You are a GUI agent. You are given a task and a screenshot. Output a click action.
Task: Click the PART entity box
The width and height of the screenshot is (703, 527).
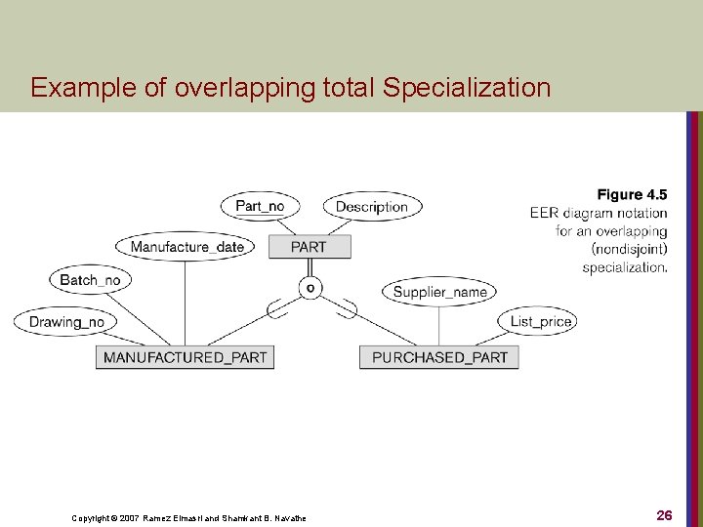[x=309, y=247]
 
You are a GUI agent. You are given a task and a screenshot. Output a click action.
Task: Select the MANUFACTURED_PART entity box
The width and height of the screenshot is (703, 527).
[x=185, y=357]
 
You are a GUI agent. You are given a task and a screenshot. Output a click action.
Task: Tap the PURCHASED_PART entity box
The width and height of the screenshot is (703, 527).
[x=439, y=357]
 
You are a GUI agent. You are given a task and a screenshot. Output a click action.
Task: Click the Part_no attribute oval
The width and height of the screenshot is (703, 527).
[x=260, y=206]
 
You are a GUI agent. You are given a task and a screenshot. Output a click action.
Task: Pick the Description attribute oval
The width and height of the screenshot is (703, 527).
[x=371, y=206]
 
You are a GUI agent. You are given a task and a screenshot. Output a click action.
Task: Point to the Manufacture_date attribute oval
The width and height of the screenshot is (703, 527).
[x=186, y=247]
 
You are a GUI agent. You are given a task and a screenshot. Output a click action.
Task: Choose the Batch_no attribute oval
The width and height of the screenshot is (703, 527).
[x=90, y=280]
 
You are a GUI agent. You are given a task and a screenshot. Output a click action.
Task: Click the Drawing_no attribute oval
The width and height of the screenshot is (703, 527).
[x=65, y=321]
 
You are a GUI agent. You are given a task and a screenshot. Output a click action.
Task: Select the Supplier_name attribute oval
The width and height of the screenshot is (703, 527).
[x=439, y=291]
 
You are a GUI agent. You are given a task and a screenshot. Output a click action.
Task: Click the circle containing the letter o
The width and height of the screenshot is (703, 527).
[x=310, y=287]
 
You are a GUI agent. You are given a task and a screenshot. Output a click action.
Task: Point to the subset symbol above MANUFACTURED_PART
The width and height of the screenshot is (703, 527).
[x=276, y=311]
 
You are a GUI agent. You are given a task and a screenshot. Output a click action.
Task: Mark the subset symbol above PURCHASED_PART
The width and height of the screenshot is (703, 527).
[x=345, y=311]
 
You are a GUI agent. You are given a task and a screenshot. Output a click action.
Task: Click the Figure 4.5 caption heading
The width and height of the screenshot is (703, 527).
[x=632, y=195]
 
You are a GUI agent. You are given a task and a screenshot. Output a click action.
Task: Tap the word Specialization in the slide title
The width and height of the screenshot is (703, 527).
[x=468, y=88]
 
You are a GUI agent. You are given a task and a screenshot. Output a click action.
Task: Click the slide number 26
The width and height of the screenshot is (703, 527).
[x=664, y=514]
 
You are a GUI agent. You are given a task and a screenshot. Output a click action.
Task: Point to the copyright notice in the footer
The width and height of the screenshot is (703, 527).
[x=188, y=517]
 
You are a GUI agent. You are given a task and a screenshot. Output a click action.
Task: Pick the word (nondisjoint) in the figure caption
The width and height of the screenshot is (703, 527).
[x=630, y=249]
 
